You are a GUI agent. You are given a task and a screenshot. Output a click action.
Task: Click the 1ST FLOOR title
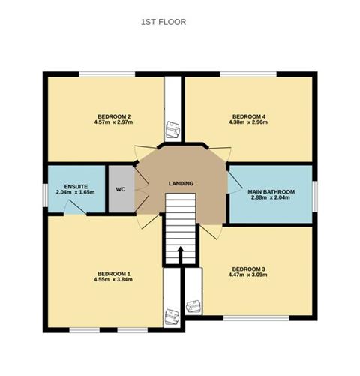(163, 23)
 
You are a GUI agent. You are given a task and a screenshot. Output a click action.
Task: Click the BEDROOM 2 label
(115, 116)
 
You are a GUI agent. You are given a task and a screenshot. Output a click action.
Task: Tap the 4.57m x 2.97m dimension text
(115, 123)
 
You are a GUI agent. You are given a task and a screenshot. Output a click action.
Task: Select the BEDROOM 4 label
(248, 116)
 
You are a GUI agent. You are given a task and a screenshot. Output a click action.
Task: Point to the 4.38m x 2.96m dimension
(248, 123)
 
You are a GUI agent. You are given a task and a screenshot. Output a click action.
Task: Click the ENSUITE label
(76, 185)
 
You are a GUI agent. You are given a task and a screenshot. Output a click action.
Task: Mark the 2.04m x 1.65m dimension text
(76, 192)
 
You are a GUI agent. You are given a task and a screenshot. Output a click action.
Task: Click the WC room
(119, 188)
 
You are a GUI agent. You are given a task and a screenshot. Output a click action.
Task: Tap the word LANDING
(181, 184)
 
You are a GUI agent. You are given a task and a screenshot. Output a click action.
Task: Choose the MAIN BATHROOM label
(271, 192)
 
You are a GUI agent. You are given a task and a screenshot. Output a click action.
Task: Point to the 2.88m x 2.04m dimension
(271, 199)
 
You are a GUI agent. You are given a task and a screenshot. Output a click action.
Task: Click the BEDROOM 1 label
(114, 274)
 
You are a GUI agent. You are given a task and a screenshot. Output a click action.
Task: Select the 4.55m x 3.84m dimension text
(114, 281)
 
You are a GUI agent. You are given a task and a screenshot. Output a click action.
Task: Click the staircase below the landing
(180, 229)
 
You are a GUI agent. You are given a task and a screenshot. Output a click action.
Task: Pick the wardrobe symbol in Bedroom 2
(172, 129)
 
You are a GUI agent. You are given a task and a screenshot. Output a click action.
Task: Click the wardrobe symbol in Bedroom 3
(193, 305)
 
